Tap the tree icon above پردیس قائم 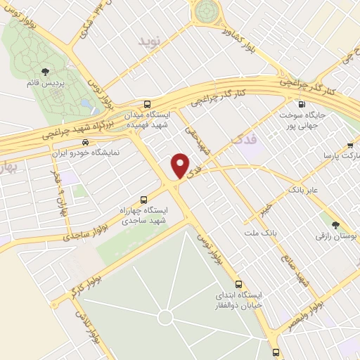pyautogui.click(x=46, y=72)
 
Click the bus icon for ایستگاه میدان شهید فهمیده pyautogui.click(x=146, y=102)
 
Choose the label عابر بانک pyautogui.click(x=304, y=189)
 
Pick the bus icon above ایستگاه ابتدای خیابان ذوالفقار pyautogui.click(x=240, y=284)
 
